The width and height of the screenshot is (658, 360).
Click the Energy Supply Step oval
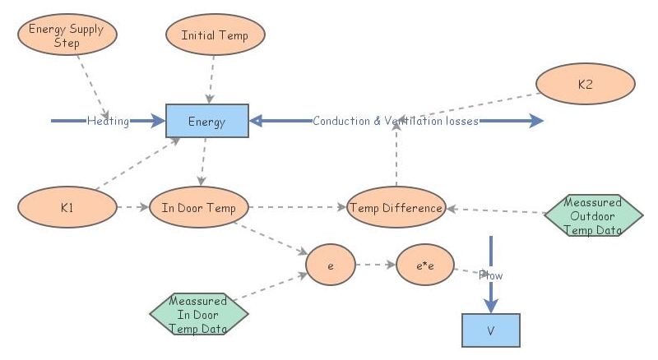pyautogui.click(x=67, y=36)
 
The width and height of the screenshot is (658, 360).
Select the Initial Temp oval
pyautogui.click(x=215, y=35)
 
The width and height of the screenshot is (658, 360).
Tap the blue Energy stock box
pyautogui.click(x=207, y=121)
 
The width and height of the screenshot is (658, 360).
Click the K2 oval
pyautogui.click(x=585, y=85)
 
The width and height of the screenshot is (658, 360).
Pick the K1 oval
pyautogui.click(x=67, y=207)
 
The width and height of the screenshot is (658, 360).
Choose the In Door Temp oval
pyautogui.click(x=198, y=207)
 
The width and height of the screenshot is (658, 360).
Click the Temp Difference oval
pyautogui.click(x=396, y=207)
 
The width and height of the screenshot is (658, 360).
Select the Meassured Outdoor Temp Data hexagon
pyautogui.click(x=593, y=216)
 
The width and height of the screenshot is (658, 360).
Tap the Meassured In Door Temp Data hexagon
pyautogui.click(x=198, y=314)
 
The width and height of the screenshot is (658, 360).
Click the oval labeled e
pyautogui.click(x=330, y=265)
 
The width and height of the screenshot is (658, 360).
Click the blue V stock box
pyautogui.click(x=490, y=330)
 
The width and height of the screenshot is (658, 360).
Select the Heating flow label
pyautogui.click(x=109, y=122)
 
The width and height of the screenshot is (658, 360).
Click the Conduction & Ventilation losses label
pyautogui.click(x=395, y=121)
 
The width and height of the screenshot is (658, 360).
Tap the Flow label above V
pyautogui.click(x=491, y=275)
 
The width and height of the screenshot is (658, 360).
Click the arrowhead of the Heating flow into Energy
pyautogui.click(x=159, y=121)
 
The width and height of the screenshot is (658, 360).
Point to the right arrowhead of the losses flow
pyautogui.click(x=536, y=121)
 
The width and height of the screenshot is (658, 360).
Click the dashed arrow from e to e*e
pyautogui.click(x=375, y=265)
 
